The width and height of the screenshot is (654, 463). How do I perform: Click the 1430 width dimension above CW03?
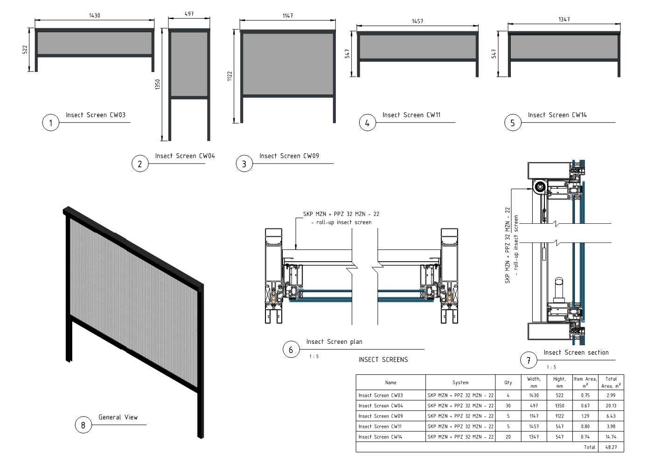pos(95,15)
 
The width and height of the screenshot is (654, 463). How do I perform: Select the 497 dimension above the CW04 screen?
pos(189,14)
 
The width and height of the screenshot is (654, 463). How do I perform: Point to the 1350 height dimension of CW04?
pos(158,84)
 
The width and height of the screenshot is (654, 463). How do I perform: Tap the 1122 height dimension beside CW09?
pos(230,76)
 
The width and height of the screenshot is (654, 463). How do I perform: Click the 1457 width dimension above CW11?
pos(417,21)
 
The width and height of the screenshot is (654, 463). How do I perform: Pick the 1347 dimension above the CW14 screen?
pos(564,19)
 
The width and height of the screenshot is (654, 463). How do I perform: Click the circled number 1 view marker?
pos(51,123)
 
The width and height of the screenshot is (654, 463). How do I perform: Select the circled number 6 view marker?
pos(291,349)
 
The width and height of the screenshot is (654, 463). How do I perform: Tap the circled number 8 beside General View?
pos(83,425)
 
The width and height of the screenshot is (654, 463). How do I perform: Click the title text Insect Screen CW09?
pos(289,156)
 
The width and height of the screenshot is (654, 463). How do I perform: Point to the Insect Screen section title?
pos(576,352)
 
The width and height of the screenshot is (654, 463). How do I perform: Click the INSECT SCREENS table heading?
pos(383,360)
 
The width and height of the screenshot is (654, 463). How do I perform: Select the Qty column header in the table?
pos(508,383)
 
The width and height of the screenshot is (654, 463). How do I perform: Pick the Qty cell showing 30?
pos(508,406)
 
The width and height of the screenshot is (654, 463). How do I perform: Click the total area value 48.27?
pos(611,447)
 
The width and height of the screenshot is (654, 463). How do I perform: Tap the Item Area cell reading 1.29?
pos(585,416)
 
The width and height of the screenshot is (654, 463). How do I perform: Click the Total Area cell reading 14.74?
pos(611,437)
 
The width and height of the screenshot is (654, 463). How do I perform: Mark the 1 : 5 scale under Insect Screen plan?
pos(314,356)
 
